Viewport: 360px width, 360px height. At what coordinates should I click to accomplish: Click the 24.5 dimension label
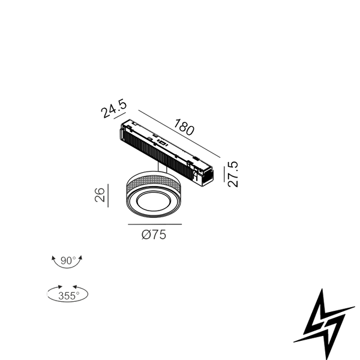click(x=113, y=108)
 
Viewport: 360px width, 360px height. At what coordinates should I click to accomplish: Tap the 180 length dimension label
click(x=184, y=127)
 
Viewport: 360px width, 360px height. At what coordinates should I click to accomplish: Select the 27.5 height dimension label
click(x=233, y=174)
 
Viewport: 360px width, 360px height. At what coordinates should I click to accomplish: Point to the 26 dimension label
click(x=100, y=195)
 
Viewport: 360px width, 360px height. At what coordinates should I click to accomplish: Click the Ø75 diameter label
click(x=154, y=235)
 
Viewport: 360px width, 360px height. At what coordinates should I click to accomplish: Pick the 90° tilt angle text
click(x=68, y=260)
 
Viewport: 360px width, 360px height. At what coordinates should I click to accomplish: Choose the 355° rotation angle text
click(x=68, y=296)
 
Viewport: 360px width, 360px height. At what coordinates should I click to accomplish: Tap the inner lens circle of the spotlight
click(x=154, y=202)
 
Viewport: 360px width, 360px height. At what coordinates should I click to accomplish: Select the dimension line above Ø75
click(x=155, y=224)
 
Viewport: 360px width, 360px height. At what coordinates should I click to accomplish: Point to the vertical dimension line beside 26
click(x=108, y=196)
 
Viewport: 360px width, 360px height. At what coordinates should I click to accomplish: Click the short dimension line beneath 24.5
click(x=120, y=116)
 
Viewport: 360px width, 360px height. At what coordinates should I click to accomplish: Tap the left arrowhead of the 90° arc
click(x=53, y=258)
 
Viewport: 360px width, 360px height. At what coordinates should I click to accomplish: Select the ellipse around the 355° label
click(x=67, y=301)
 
